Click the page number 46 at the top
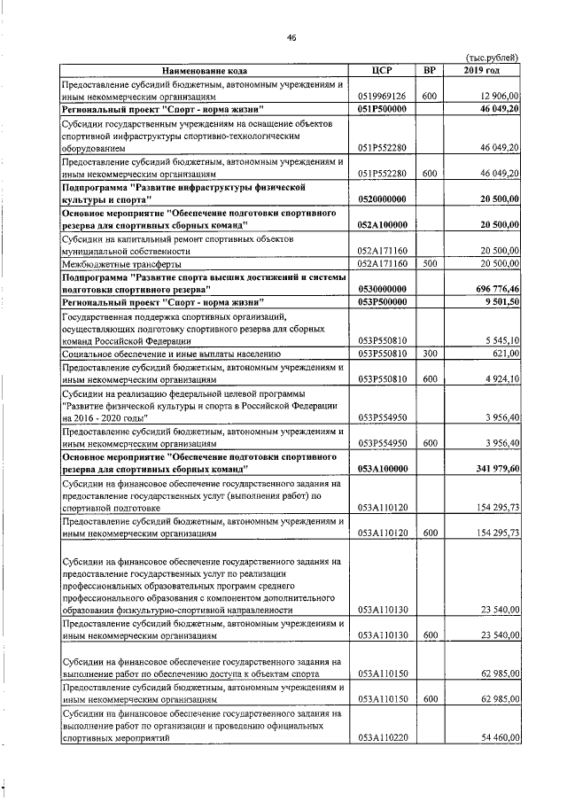[290, 36]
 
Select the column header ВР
[429, 70]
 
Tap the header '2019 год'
[482, 70]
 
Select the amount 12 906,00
[497, 96]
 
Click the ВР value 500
[429, 263]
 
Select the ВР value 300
[429, 354]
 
